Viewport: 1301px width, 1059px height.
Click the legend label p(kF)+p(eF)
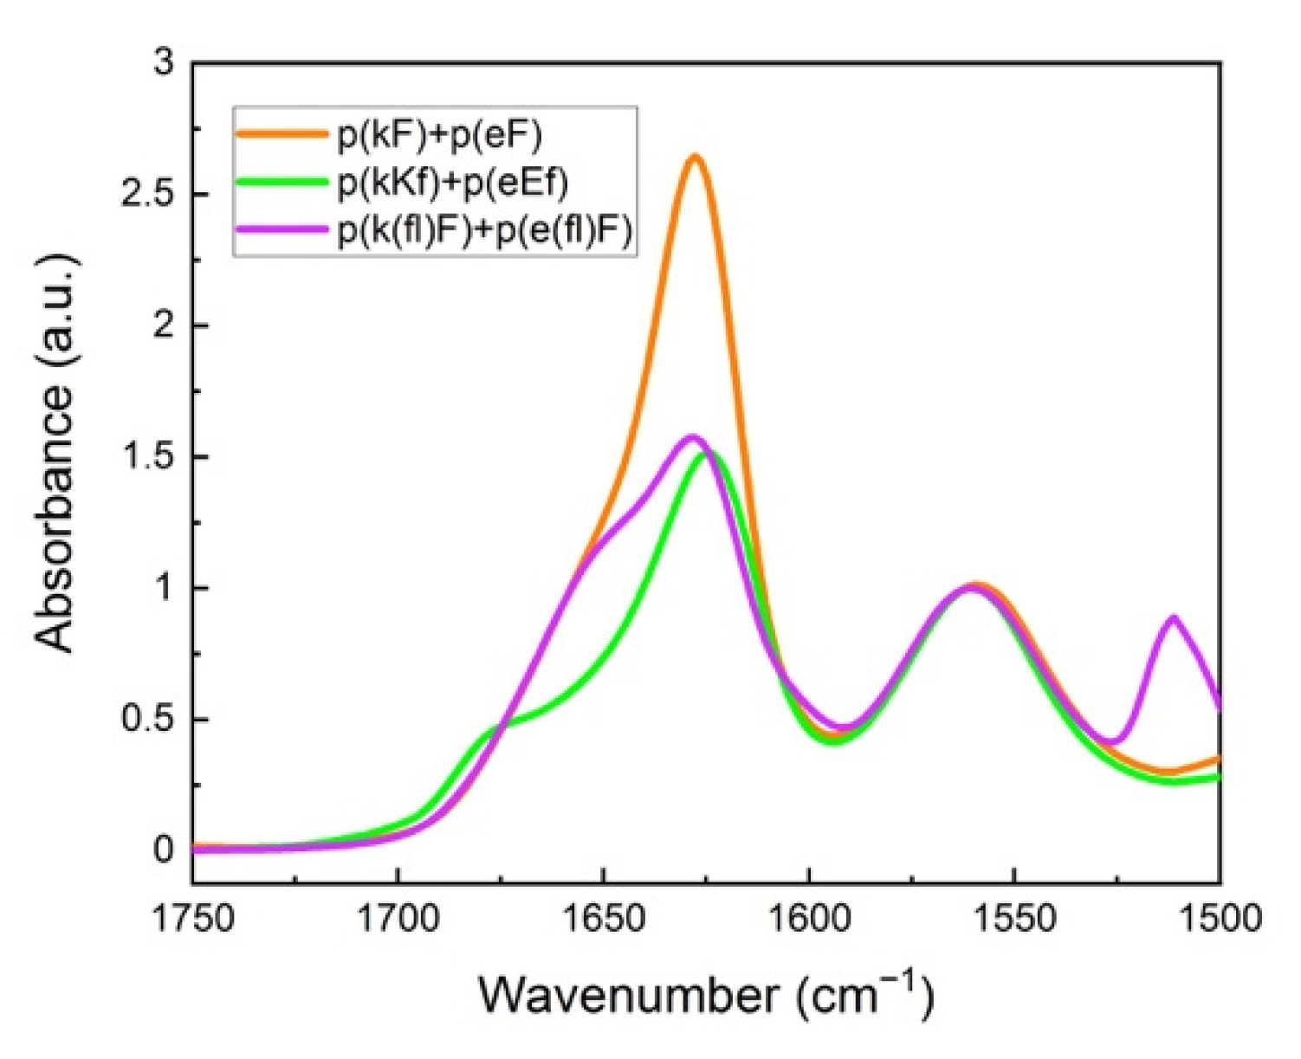click(x=438, y=134)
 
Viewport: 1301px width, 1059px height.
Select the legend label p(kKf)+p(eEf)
click(x=452, y=183)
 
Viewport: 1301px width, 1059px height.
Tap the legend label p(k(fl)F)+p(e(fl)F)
click(x=485, y=231)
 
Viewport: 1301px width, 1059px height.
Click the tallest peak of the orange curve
click(x=695, y=157)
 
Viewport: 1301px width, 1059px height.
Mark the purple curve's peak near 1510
click(x=1174, y=617)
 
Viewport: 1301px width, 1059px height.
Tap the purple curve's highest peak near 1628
click(x=691, y=436)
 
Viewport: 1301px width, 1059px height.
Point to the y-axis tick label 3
click(x=163, y=62)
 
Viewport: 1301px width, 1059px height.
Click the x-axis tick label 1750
click(x=192, y=918)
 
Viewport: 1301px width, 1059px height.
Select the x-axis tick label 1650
click(x=603, y=918)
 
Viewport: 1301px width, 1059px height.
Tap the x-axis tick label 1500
click(x=1220, y=918)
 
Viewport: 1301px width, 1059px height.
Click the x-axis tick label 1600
click(x=808, y=918)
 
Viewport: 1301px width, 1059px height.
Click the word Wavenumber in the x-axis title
click(x=628, y=996)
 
